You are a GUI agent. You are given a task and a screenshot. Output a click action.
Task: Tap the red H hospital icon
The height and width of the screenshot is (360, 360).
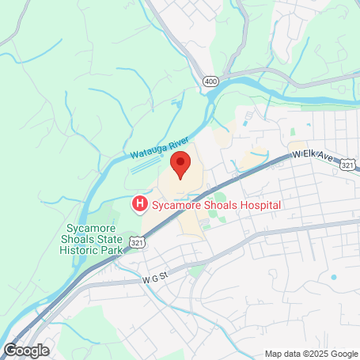click(x=139, y=205)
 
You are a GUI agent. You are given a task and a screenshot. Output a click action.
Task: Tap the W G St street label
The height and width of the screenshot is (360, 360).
click(x=157, y=279)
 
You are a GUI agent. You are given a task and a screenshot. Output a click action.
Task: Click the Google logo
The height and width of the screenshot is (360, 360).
click(x=25, y=350)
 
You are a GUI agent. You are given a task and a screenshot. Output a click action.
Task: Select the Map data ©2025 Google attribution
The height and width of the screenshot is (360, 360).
click(x=311, y=354)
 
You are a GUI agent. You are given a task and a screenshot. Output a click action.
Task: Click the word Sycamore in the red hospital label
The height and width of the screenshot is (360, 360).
click(x=174, y=205)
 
